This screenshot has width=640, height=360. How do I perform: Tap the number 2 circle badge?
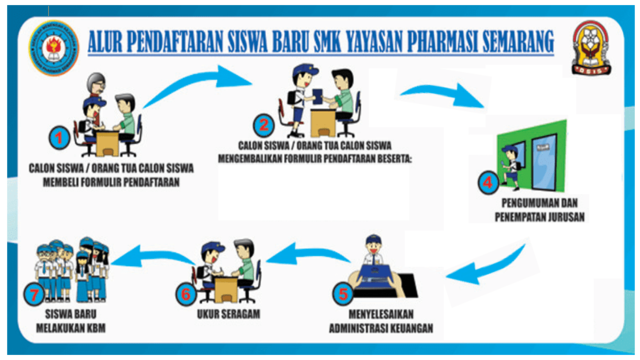264,126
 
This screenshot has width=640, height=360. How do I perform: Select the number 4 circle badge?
487,183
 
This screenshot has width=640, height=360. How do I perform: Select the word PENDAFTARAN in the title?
183,43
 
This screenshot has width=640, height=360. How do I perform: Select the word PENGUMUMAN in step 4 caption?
521,201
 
